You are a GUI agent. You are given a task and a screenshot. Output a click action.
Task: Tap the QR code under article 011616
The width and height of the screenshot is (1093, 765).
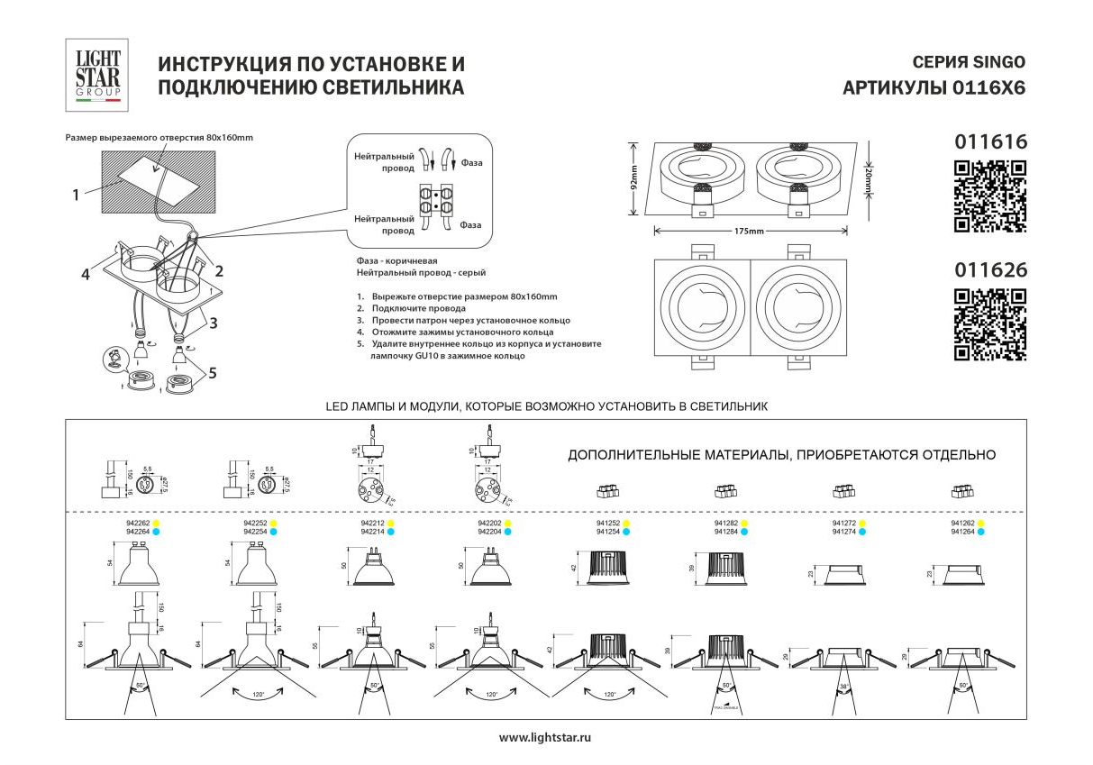989,196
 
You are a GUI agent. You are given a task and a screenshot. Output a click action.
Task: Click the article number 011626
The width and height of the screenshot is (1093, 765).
989,269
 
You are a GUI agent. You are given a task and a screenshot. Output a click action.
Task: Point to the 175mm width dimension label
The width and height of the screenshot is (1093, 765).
749,232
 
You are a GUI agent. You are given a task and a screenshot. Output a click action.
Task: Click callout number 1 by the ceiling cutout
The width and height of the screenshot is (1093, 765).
77,193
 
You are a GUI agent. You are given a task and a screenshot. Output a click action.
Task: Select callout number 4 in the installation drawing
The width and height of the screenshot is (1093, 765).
85,275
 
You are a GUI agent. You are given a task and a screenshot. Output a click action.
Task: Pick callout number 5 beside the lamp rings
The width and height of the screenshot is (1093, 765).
213,372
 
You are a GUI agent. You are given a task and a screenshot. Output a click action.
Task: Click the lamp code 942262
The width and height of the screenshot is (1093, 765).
136,523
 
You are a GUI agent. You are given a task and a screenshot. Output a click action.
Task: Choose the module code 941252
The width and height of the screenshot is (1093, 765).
607,523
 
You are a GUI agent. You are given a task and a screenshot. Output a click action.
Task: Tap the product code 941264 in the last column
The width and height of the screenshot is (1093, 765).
961,532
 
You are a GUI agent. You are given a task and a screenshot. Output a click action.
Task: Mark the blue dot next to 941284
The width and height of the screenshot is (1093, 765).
744,532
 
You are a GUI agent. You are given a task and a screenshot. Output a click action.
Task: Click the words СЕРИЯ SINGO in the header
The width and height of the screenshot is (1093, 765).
969,62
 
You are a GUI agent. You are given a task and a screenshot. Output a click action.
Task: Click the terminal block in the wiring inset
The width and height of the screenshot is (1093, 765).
436,204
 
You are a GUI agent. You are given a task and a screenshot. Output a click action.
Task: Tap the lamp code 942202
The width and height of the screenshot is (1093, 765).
489,523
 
